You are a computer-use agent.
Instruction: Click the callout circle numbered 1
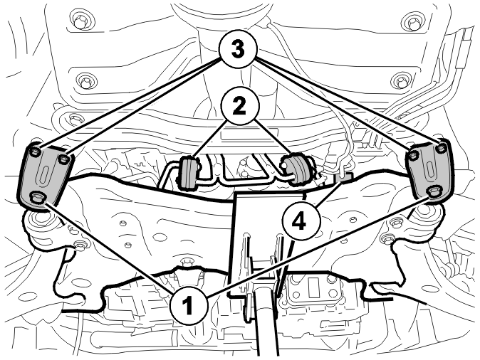188,306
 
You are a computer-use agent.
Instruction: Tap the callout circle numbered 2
240,107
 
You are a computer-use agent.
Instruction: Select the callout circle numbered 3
238,50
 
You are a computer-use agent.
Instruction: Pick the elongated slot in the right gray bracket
428,171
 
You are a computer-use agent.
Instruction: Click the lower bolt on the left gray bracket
37,197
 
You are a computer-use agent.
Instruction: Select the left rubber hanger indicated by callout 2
187,171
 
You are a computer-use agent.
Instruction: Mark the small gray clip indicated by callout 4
345,177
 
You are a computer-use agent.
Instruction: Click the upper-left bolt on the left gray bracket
34,152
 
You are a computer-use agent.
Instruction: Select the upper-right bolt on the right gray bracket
441,148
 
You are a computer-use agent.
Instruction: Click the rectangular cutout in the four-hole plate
313,286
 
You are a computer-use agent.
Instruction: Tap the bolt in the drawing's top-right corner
414,23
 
